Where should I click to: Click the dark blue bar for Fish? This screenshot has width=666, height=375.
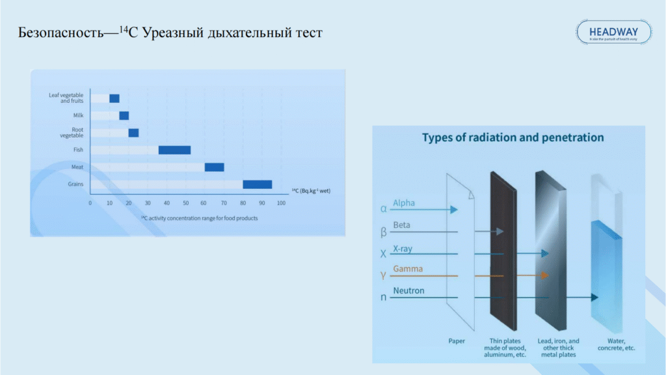click(174, 150)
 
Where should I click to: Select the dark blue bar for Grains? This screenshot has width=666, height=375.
click(257, 184)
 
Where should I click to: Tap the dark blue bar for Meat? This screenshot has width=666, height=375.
click(214, 167)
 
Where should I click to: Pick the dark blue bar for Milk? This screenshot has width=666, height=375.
click(124, 116)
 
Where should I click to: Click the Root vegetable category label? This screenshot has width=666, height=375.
click(72, 133)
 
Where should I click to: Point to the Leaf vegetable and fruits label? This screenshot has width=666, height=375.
click(66, 98)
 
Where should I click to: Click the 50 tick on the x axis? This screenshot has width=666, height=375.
click(186, 203)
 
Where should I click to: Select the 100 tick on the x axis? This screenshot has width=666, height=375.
click(281, 203)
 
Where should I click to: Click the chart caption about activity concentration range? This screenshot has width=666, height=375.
click(199, 218)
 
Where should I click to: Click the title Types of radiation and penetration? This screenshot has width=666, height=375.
click(513, 138)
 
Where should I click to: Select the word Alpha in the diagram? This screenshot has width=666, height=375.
click(404, 203)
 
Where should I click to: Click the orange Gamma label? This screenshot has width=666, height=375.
click(408, 269)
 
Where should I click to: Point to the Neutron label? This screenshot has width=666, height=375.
click(408, 291)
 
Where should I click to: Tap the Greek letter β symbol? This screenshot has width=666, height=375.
click(384, 231)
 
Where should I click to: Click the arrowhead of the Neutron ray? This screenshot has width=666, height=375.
click(594, 298)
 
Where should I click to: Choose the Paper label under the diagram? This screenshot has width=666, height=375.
click(457, 340)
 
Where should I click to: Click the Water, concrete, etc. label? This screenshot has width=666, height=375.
click(616, 344)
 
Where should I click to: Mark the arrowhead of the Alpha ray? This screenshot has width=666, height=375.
click(454, 210)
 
